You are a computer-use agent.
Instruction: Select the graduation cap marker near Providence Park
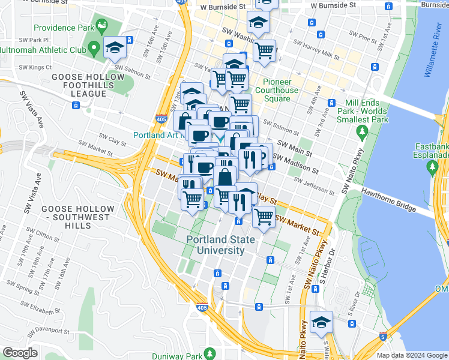coord(114,47)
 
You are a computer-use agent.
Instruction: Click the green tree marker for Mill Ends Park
coord(361,131)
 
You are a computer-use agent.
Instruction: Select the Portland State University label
coord(220,245)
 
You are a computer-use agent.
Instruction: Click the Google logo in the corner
coord(20,353)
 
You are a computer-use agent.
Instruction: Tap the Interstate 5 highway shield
coord(383,337)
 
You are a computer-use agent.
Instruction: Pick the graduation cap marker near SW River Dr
coord(321,321)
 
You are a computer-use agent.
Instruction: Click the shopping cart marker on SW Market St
coord(264,217)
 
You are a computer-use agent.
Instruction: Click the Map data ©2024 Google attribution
coord(412,355)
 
